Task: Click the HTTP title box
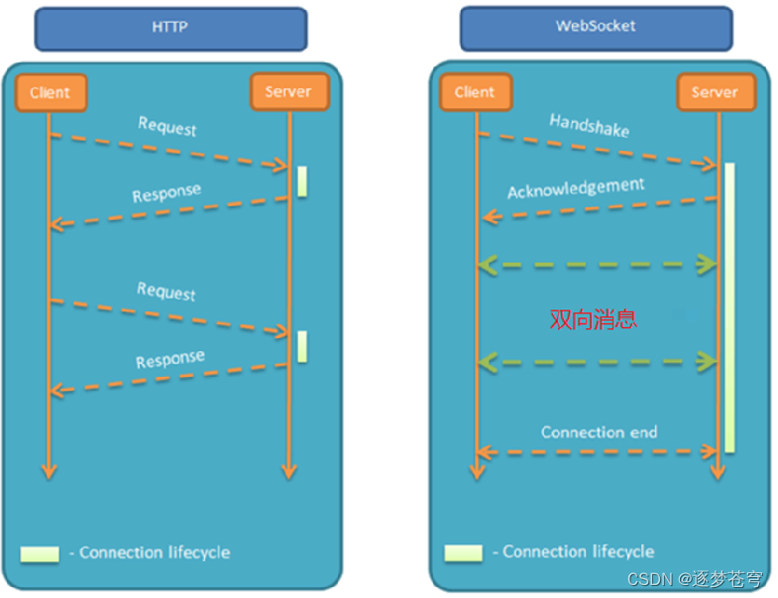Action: (x=170, y=27)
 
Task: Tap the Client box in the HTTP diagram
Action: (x=50, y=92)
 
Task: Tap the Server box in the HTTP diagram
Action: (x=288, y=92)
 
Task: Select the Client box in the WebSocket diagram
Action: (x=474, y=92)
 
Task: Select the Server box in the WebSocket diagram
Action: (x=715, y=92)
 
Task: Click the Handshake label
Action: (x=590, y=125)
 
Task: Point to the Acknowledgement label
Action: (x=576, y=188)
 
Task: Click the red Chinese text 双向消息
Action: (x=594, y=318)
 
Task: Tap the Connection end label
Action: (x=599, y=432)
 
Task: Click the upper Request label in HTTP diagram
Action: (x=167, y=126)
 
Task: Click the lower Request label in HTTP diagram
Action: (x=167, y=292)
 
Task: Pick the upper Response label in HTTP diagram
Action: (x=167, y=191)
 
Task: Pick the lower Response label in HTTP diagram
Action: (x=170, y=358)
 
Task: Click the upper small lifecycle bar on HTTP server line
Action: (x=301, y=180)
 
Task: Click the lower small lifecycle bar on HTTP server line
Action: (x=301, y=346)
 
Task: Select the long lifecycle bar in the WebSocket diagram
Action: (x=729, y=307)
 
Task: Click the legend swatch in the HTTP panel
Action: (x=40, y=552)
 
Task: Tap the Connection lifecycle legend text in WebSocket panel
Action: (x=578, y=551)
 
